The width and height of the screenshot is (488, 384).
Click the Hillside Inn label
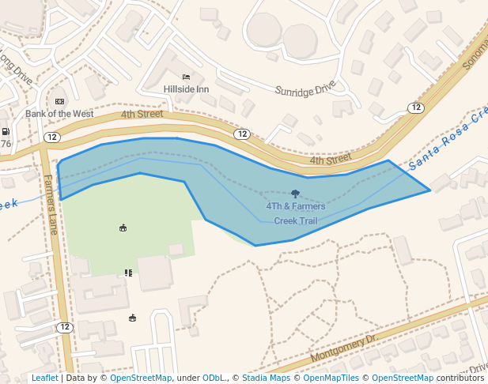click(x=186, y=89)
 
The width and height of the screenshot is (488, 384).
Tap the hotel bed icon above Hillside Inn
click(x=186, y=77)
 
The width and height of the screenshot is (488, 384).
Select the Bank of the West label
click(x=59, y=114)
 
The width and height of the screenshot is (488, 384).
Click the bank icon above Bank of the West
click(x=59, y=101)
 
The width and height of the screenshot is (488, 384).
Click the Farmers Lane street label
click(x=51, y=205)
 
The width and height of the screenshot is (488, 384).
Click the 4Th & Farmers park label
click(x=295, y=206)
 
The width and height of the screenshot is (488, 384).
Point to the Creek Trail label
click(x=295, y=220)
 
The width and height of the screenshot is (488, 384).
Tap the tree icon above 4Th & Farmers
click(x=295, y=194)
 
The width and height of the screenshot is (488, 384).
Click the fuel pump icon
click(x=6, y=132)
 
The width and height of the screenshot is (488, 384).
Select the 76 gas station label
click(x=6, y=144)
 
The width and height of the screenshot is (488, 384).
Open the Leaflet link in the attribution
click(x=44, y=378)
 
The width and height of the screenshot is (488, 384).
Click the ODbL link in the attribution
click(x=213, y=378)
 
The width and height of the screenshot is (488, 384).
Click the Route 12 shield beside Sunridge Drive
click(x=416, y=107)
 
